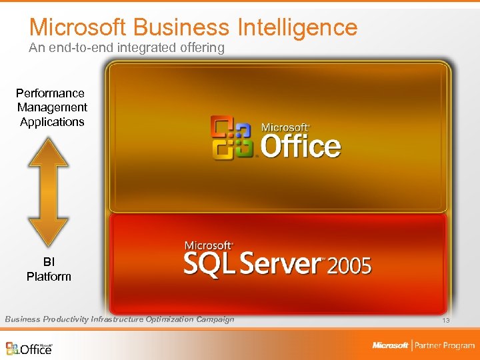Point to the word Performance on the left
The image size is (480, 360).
(50, 93)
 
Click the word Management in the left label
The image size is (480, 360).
(52, 107)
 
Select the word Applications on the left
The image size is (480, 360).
(52, 122)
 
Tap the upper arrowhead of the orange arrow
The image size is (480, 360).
(49, 152)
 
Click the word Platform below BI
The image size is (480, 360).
(49, 276)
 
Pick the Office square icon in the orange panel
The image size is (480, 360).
(231, 137)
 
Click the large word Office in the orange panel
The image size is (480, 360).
(301, 145)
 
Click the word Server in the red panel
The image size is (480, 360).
(280, 264)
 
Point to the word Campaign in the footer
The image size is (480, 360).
(215, 319)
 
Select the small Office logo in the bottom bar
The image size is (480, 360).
(29, 347)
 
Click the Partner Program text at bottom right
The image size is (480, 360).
(444, 345)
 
